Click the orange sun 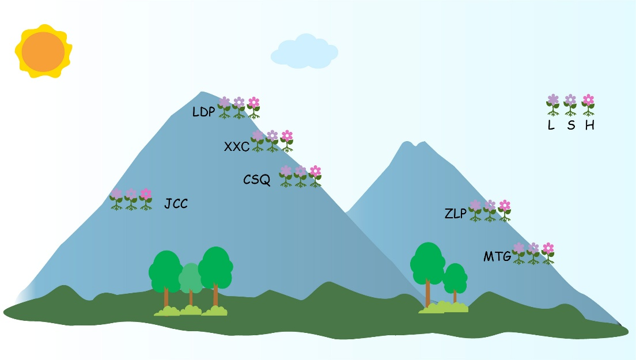click(43, 52)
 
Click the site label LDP click(204, 111)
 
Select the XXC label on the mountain click(236, 146)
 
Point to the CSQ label click(256, 180)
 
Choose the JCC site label click(176, 203)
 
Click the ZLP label click(455, 214)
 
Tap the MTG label click(497, 256)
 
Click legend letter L click(551, 125)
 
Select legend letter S click(570, 125)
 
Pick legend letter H click(589, 125)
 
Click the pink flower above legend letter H click(588, 100)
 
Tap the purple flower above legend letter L click(553, 100)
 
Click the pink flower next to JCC click(146, 194)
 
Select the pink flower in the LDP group click(253, 103)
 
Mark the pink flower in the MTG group click(548, 248)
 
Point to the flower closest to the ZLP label click(475, 206)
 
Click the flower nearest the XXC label click(258, 137)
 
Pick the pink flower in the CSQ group click(315, 171)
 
